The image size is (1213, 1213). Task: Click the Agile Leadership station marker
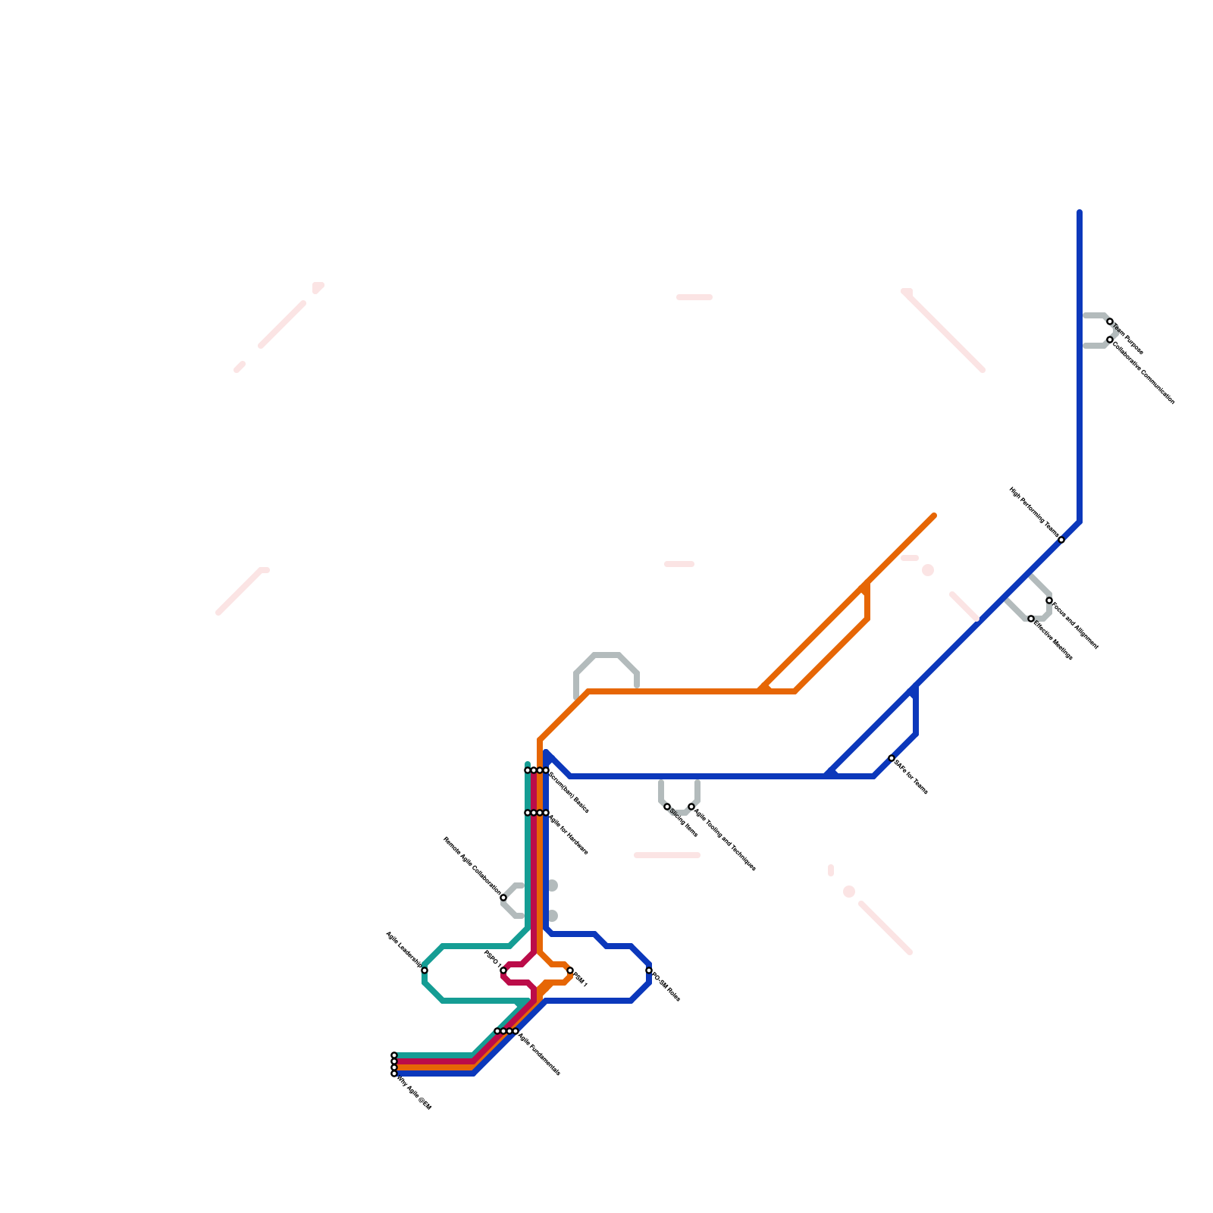point(425,970)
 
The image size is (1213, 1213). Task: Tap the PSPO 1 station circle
point(503,970)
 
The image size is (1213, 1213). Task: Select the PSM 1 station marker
point(570,970)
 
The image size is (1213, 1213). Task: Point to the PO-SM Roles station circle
point(649,970)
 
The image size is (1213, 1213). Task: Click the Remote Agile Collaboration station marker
point(503,898)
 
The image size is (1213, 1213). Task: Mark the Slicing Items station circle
point(667,807)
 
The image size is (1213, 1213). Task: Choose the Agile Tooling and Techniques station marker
point(691,807)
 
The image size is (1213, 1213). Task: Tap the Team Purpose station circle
point(1110,321)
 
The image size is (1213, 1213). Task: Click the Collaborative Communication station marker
point(1110,340)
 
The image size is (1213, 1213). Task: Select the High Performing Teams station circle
point(1061,540)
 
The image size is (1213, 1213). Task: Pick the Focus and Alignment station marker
point(1049,600)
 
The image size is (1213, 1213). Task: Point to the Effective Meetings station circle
point(1031,619)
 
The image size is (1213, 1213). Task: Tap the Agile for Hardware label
point(568,835)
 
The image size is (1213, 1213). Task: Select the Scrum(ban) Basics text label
point(569,793)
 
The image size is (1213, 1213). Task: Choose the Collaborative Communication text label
point(1143,371)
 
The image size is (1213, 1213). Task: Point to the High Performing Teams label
point(1034,512)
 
